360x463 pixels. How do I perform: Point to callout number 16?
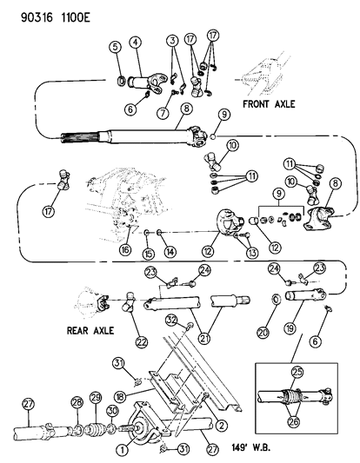[x=128, y=249]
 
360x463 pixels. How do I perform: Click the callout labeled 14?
[x=170, y=251]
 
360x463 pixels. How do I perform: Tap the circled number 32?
[x=173, y=320]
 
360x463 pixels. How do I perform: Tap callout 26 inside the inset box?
[x=301, y=423]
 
